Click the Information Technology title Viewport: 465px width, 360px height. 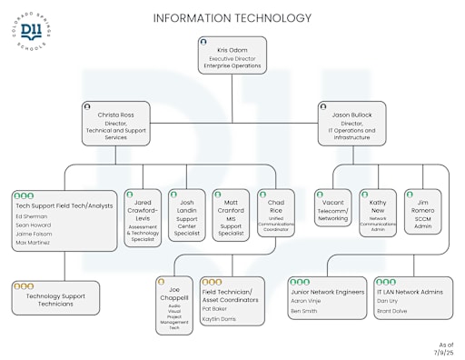(232, 18)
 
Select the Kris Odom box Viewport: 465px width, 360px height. (232, 55)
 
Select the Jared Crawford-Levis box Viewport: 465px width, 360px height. (142, 215)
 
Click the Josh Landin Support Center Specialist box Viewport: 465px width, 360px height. (186, 215)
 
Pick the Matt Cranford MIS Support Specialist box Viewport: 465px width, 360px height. (231, 215)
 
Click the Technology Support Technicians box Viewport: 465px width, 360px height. (55, 298)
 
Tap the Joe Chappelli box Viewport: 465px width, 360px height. (173, 305)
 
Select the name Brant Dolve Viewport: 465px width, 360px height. (392, 311)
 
